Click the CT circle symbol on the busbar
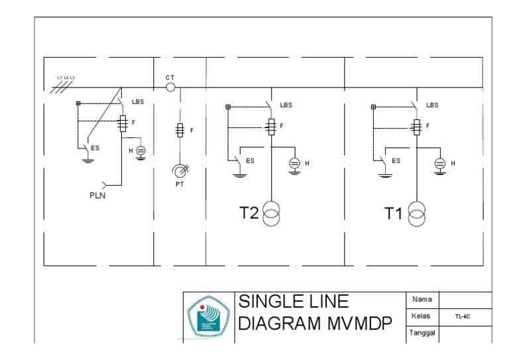[x=170, y=87]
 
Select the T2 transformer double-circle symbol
[x=272, y=213]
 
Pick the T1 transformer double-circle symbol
[x=417, y=213]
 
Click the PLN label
[x=98, y=196]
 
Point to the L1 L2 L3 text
[x=66, y=78]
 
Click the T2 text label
[x=249, y=213]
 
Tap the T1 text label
[x=394, y=213]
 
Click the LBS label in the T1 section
[x=432, y=105]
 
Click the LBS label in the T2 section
[x=286, y=105]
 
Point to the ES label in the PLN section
[x=95, y=148]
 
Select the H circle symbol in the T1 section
[x=439, y=163]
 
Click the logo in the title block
[x=207, y=316]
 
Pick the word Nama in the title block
[x=422, y=300]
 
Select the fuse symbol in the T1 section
[x=416, y=126]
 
